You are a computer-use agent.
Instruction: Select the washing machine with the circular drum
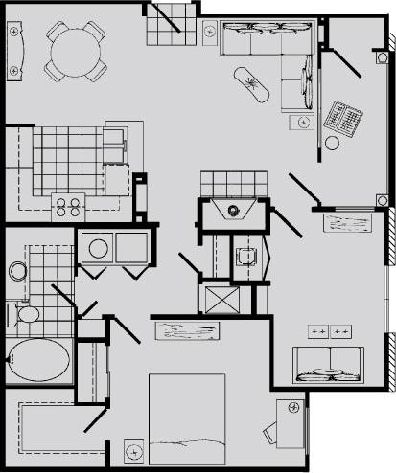[98, 249]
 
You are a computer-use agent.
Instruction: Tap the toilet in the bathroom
[24, 313]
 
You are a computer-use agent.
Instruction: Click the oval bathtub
[38, 361]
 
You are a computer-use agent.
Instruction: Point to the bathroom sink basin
[17, 271]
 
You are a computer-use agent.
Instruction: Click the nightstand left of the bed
[134, 447]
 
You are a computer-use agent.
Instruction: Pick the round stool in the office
[332, 143]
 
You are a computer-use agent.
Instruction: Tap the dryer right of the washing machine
[130, 249]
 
